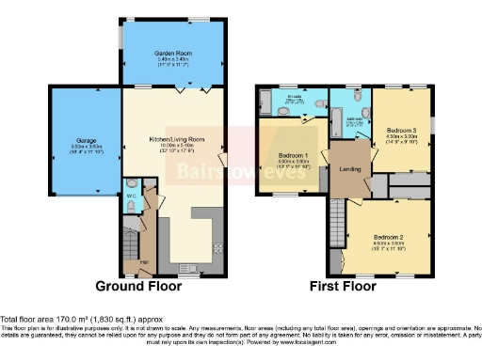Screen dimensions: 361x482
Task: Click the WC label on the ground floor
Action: tap(131, 196)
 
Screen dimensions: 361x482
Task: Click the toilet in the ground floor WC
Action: tap(132, 184)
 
